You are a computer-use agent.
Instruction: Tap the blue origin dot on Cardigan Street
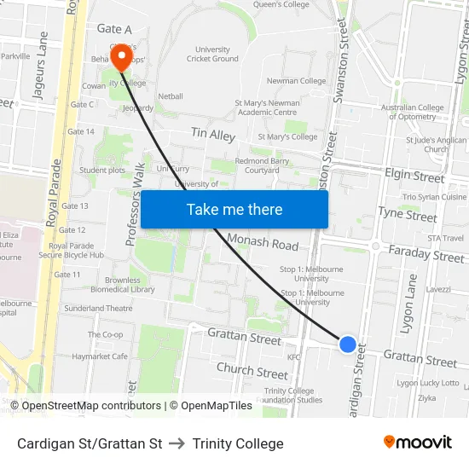(348, 344)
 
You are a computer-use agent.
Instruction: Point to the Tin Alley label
(213, 135)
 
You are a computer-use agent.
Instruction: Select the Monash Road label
(263, 242)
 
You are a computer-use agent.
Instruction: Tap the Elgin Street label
(415, 177)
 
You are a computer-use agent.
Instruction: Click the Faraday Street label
(426, 253)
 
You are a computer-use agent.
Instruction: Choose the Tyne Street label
(407, 214)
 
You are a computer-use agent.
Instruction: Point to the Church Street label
(252, 372)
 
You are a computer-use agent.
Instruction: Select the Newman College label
(296, 81)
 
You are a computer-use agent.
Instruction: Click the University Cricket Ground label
(212, 54)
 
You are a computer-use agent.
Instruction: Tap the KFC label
(294, 357)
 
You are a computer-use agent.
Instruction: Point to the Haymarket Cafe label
(100, 356)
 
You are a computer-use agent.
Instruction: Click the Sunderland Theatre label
(98, 308)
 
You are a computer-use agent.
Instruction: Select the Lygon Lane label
(409, 298)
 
